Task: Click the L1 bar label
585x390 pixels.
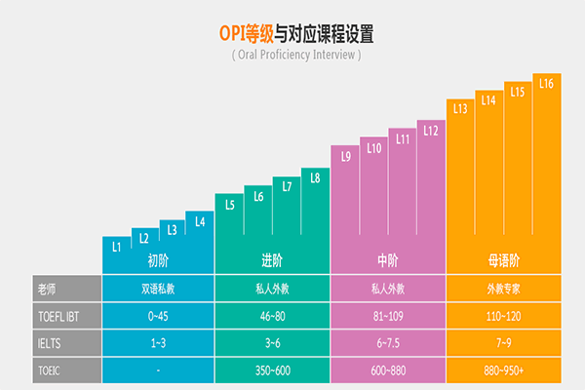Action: [116, 248]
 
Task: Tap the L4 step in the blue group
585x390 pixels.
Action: [200, 222]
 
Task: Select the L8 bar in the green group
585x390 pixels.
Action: [314, 177]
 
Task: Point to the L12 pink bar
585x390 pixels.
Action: [431, 131]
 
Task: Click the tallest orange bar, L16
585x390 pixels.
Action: [546, 84]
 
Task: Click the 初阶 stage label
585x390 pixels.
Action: [159, 260]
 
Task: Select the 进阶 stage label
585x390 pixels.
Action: [273, 260]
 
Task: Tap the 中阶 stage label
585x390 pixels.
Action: [388, 260]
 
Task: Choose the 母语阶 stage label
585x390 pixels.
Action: [503, 260]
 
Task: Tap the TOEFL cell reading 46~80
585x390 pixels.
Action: [273, 316]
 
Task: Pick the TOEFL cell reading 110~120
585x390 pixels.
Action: [503, 316]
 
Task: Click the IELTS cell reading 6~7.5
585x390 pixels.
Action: [388, 343]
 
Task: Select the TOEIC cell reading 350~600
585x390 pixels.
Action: [273, 370]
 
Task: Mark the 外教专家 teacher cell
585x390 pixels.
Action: [503, 289]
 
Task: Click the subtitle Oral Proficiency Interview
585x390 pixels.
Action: [296, 55]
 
